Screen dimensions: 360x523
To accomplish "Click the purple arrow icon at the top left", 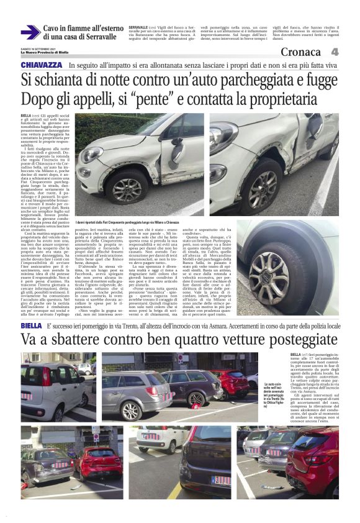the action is [x=30, y=32].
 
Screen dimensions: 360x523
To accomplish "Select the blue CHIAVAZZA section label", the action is [x=42, y=65].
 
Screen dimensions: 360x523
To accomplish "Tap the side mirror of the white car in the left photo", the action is [x=176, y=149].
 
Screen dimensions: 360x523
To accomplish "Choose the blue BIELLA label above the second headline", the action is [x=31, y=325].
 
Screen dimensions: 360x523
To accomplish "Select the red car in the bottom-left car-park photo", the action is [x=97, y=463].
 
